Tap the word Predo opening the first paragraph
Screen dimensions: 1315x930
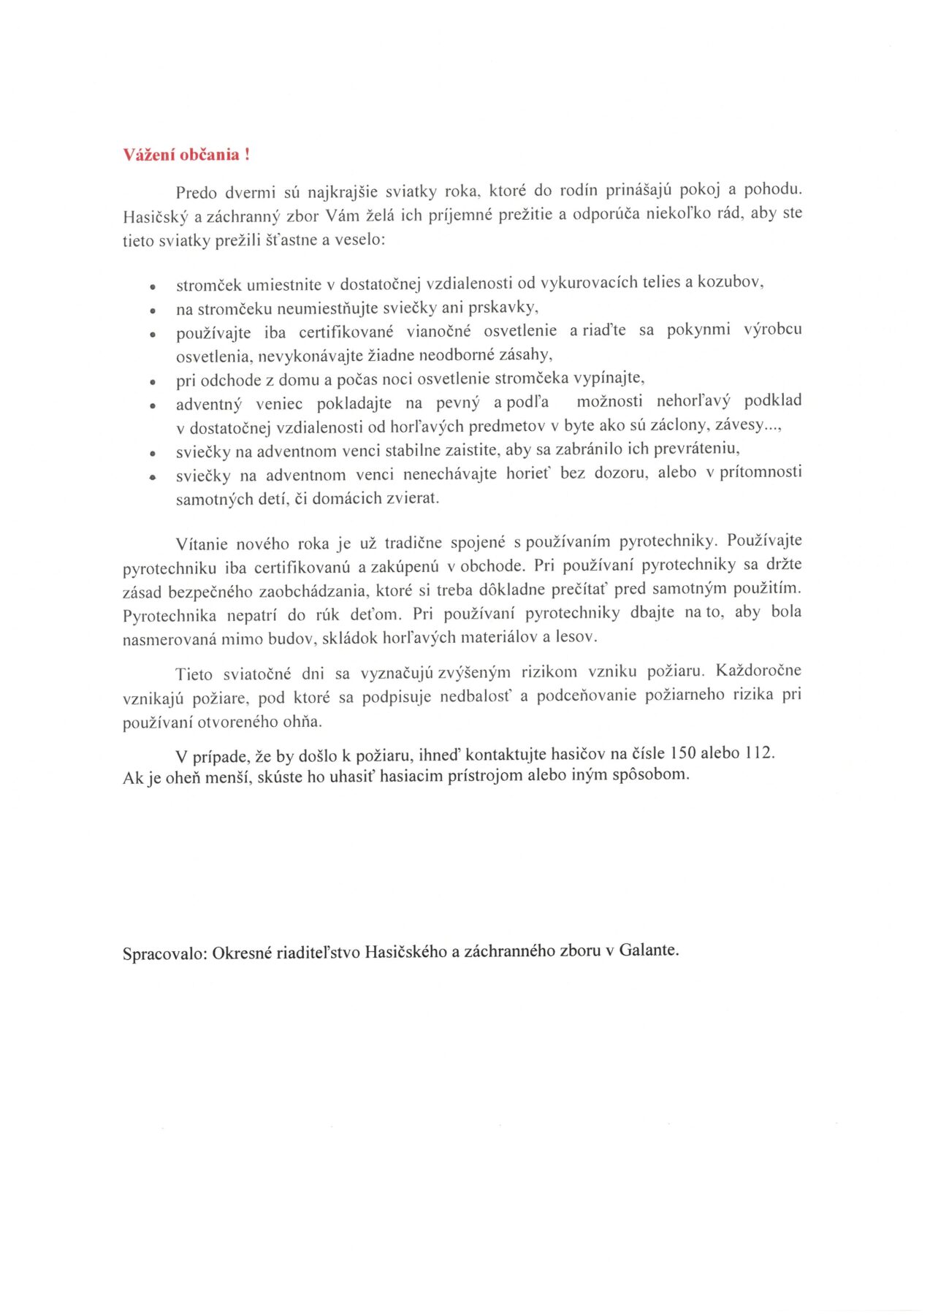click(x=197, y=193)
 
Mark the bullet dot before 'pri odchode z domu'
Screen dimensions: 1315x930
click(x=153, y=382)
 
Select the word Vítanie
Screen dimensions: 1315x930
click(x=201, y=544)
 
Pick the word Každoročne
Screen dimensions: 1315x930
click(x=758, y=671)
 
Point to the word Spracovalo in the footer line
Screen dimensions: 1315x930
click(x=164, y=954)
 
